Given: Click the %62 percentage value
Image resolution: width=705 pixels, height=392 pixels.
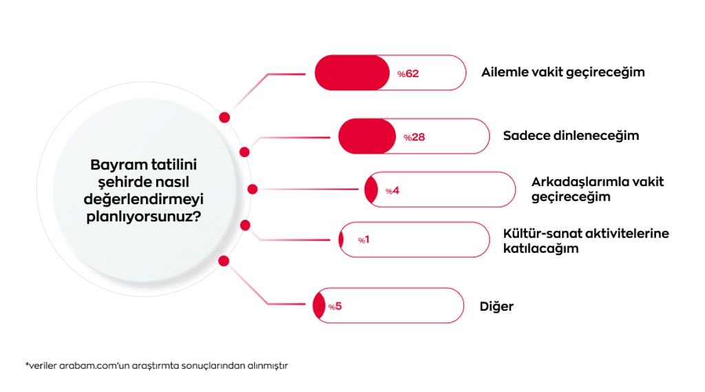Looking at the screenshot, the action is [x=408, y=73].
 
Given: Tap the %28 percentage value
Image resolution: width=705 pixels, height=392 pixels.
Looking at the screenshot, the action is [x=414, y=137].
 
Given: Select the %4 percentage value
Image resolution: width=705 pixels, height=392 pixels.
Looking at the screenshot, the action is [x=392, y=191].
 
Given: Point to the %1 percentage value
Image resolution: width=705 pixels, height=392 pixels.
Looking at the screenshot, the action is [x=364, y=240].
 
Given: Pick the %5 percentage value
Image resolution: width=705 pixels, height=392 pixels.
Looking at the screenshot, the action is [x=335, y=307].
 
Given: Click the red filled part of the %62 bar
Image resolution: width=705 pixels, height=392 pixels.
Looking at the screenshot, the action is [x=352, y=73].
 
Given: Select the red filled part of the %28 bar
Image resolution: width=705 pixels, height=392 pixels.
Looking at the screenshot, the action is [x=367, y=136].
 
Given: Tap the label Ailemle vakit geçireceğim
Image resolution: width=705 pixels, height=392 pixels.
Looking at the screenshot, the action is [x=563, y=72].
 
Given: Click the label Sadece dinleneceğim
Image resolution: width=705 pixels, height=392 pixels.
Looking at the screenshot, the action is [x=571, y=136].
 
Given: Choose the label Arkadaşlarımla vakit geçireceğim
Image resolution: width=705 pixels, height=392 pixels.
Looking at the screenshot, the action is [x=598, y=189].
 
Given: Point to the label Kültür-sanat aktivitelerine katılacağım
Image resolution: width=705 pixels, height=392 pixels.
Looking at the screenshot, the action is [x=586, y=241].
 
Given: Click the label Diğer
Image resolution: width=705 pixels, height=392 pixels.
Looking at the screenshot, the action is [x=496, y=307].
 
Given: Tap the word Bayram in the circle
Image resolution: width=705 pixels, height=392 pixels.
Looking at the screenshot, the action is [x=114, y=165].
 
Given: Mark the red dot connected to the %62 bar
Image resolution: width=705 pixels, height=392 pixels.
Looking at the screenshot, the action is [x=224, y=118].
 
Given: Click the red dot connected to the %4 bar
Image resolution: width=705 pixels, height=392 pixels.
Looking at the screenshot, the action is [x=253, y=189].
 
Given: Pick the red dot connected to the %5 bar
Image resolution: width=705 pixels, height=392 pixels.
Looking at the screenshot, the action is [x=224, y=261].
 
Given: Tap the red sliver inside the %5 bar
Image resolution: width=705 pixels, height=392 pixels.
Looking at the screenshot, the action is [x=319, y=306].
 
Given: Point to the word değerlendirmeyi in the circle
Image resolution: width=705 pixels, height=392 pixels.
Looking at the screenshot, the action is [x=143, y=199].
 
